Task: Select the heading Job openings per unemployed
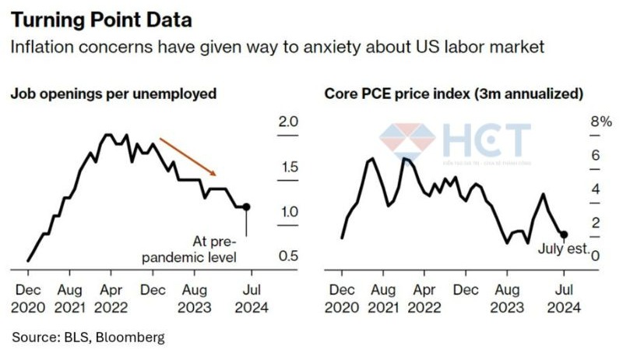(113, 94)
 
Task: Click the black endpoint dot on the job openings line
(246, 206)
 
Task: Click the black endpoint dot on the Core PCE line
(564, 234)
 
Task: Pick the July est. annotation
(563, 249)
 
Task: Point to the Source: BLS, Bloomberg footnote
(88, 337)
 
